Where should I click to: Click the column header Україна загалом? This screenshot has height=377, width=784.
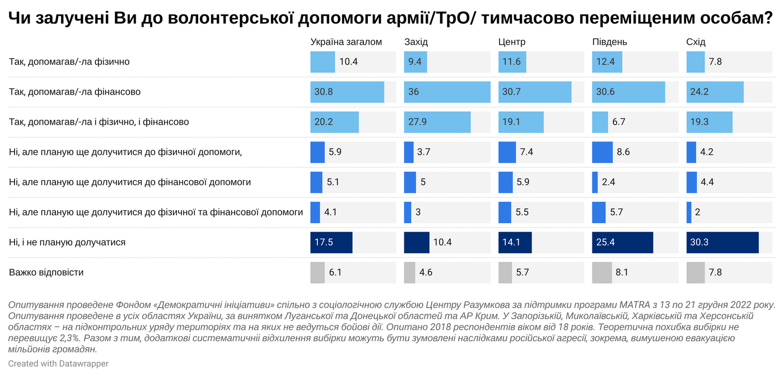coord(346,42)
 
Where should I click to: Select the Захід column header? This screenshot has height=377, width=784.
coord(416,42)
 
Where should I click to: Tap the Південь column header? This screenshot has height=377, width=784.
coord(609,42)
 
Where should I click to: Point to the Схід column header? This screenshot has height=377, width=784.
coord(696,42)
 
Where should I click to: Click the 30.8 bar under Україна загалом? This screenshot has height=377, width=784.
coord(347,92)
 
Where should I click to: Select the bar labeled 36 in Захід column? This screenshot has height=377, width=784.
coord(447,92)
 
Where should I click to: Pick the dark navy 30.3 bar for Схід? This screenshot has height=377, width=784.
coord(722,243)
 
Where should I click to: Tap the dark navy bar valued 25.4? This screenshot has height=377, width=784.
coord(622,243)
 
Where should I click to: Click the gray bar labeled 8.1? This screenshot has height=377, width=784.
coord(602,273)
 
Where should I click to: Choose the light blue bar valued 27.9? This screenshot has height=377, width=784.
coord(437,122)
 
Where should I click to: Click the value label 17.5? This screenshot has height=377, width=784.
coord(324,243)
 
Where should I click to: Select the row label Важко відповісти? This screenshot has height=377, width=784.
coord(46,273)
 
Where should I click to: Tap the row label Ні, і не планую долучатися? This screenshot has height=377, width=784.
coord(67,243)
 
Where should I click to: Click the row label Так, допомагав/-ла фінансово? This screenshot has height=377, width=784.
coord(74,92)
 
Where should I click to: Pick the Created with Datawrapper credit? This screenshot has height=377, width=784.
coord(58,364)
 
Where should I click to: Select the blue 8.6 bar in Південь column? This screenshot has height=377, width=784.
coord(603,152)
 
